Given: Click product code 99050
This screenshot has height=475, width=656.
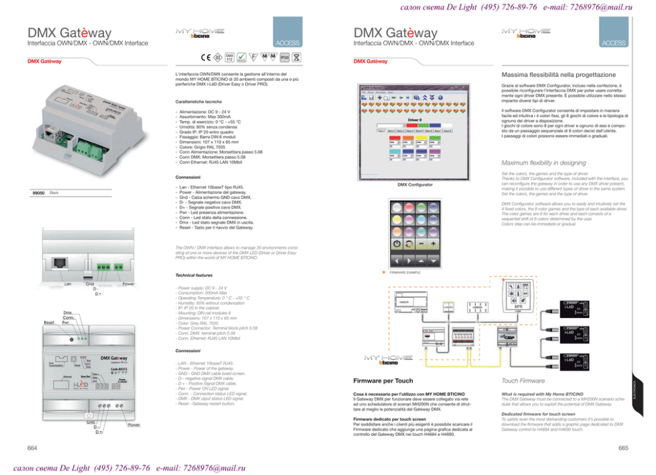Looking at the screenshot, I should [x=39, y=193].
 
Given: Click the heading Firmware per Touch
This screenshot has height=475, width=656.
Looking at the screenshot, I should [x=384, y=381].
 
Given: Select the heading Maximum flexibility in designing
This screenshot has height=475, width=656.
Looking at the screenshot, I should [x=543, y=163].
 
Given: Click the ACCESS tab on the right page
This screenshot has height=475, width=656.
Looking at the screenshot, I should [x=614, y=43].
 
